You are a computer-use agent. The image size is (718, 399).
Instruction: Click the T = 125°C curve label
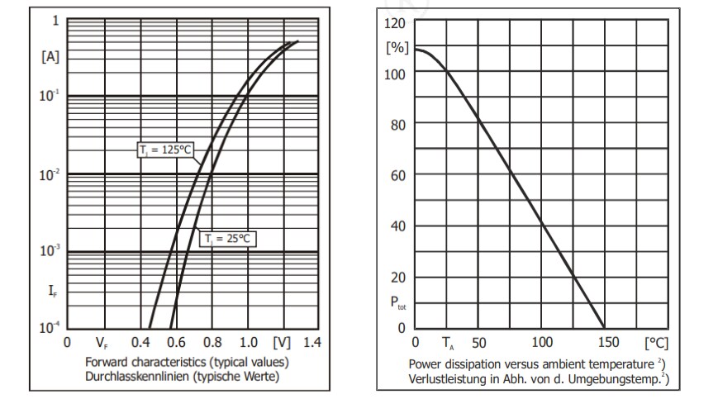[x=165, y=150]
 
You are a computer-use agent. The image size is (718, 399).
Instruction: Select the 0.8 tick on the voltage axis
[x=211, y=343]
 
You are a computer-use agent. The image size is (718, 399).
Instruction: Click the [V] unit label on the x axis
[x=281, y=343]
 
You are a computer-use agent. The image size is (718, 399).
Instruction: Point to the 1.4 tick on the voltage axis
[x=311, y=343]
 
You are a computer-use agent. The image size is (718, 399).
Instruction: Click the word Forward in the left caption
[x=106, y=363]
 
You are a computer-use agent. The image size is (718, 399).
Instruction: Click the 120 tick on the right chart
[x=395, y=23]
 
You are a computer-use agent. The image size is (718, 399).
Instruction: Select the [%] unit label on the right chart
[x=397, y=48]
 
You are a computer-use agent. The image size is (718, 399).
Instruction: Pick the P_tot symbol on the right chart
[x=397, y=303]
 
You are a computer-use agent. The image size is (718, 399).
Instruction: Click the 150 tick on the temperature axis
[x=606, y=343]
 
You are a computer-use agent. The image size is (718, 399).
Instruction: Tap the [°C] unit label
[x=656, y=343]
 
